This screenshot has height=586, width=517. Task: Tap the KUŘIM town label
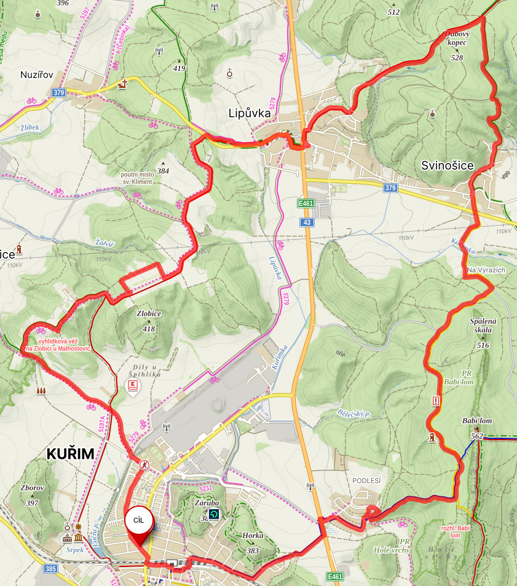(x=71, y=454)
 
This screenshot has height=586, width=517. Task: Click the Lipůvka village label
(x=249, y=113)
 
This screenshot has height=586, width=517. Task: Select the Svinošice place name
(x=447, y=165)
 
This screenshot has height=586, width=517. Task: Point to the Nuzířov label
(x=37, y=74)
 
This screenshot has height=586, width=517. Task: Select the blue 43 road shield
(x=306, y=221)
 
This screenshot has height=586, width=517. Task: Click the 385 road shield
(x=50, y=569)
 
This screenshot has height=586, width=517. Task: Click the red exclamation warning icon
(x=436, y=401)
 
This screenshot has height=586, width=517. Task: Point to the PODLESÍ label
(x=366, y=481)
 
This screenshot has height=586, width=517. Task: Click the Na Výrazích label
(x=485, y=271)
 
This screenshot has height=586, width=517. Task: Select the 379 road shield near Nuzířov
(x=59, y=93)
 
